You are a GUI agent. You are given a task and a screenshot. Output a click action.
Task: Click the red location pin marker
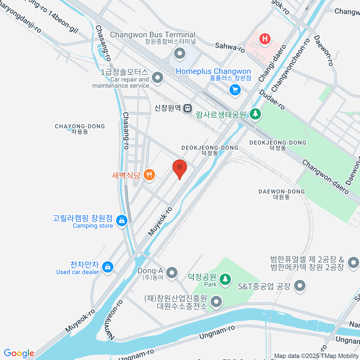tap(180, 168)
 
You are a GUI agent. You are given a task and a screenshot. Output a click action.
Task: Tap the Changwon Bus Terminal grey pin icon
tap(180, 54)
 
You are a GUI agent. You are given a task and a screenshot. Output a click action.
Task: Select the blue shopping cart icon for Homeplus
tap(235, 90)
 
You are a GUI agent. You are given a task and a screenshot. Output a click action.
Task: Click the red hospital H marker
tap(265, 39)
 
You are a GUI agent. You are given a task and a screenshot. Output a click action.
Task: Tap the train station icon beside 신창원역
tap(188, 108)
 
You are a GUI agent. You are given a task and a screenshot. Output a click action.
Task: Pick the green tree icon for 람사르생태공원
tap(255, 114)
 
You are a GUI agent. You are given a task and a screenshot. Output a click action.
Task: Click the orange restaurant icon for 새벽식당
tap(149, 174)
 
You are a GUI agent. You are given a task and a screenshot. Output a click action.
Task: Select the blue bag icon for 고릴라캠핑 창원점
tap(121, 221)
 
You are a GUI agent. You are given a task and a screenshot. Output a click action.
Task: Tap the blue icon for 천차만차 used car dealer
tap(107, 266)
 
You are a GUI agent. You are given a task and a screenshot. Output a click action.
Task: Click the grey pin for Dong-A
tap(172, 272)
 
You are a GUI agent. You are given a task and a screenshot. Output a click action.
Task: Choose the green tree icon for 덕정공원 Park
tap(225, 279)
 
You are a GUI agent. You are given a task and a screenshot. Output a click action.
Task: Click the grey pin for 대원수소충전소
tap(216, 301)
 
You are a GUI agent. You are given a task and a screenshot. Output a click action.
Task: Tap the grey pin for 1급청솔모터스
tap(157, 78)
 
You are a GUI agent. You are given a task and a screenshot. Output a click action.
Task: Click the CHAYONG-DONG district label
tap(80, 129)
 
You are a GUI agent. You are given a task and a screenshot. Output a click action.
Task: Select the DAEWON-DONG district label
tap(281, 194)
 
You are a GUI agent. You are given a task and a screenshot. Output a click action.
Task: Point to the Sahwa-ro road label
tap(230, 47)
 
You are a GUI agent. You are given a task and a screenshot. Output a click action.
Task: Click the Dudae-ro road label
tap(272, 99)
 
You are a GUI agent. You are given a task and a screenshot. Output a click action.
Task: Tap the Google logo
tap(19, 353)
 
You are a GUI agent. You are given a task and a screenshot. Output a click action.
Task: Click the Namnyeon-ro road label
tap(113, 320)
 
